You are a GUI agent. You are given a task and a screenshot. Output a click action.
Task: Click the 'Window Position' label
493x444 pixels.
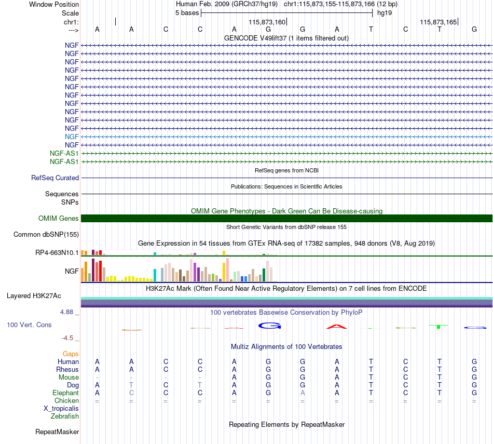point(54,4)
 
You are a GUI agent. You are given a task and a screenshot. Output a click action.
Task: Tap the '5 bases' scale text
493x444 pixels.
point(187,13)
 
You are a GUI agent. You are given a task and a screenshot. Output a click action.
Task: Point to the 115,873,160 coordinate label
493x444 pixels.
point(267,22)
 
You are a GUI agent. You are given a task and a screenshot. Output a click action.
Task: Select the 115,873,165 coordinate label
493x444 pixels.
point(439,22)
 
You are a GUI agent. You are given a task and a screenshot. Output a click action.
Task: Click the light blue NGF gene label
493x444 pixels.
point(72,137)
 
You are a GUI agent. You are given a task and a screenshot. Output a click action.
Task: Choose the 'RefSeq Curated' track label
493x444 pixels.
point(55,178)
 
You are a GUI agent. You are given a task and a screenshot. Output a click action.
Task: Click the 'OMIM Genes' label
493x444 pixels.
point(59,219)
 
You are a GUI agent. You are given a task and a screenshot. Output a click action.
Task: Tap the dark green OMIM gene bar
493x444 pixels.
point(287,219)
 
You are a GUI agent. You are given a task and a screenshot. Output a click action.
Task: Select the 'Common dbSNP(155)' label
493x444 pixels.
point(46,234)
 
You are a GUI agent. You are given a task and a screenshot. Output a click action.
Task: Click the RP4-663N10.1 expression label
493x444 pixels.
point(57,253)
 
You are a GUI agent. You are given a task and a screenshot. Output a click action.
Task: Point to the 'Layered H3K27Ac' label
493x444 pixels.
point(34,296)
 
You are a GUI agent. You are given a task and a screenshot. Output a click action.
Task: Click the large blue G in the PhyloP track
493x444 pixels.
point(269,326)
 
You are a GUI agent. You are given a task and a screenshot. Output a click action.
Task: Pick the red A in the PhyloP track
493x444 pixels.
point(336,327)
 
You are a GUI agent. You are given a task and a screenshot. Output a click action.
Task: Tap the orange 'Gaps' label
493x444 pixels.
point(71,354)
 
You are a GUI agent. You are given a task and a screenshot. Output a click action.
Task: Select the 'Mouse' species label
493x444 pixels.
point(69,378)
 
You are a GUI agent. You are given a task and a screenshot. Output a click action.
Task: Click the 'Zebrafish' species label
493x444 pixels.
point(65,416)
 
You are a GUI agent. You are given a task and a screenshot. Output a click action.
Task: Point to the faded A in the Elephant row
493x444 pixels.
point(303,393)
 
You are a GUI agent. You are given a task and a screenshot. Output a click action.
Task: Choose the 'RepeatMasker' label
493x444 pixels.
point(57,432)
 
